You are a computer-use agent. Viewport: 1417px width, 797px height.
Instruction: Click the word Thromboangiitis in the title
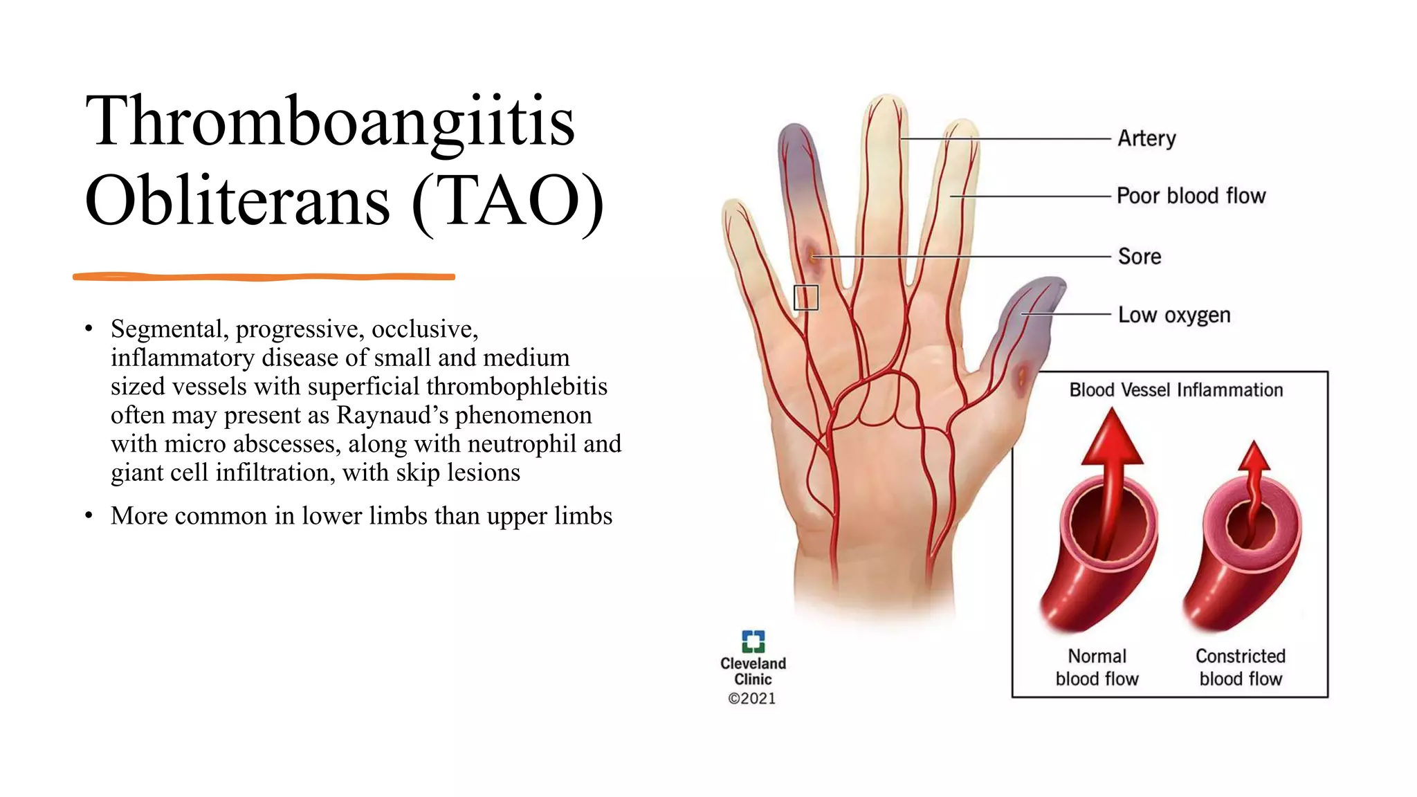click(330, 122)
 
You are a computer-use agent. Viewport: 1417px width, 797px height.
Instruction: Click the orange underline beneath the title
click(264, 277)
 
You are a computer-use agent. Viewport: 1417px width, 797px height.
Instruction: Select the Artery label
click(1146, 138)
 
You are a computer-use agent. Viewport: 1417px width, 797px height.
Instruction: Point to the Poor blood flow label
click(1191, 196)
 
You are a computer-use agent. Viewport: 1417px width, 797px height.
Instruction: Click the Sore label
click(1140, 257)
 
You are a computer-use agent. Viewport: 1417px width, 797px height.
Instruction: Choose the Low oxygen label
click(1174, 315)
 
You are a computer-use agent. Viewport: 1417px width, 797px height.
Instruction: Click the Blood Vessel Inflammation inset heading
click(1176, 390)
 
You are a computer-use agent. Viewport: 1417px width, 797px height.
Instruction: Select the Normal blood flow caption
click(1097, 667)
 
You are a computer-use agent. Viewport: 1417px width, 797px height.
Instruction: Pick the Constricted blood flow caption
click(1241, 667)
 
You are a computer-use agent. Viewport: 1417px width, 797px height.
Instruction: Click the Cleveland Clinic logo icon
click(753, 641)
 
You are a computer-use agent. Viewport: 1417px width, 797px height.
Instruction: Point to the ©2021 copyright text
click(752, 699)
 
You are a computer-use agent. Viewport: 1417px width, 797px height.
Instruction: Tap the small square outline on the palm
click(806, 297)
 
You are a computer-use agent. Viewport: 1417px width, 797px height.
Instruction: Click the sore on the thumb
click(1022, 378)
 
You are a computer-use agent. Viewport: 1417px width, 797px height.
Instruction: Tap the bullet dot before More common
click(89, 516)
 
